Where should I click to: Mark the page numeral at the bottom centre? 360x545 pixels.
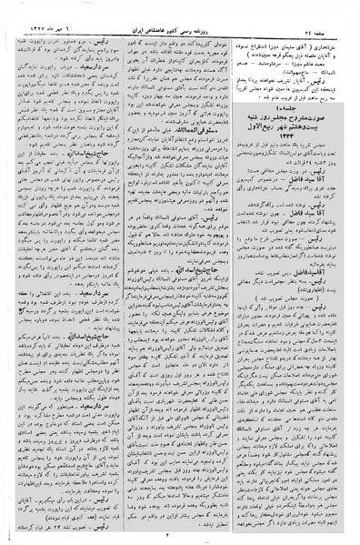coord(179,537)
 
